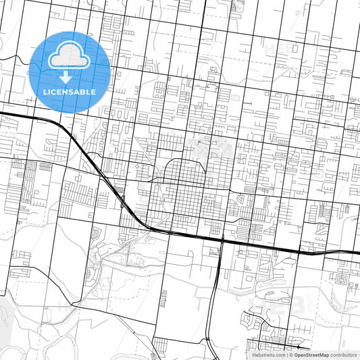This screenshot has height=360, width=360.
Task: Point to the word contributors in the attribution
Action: pyautogui.click(x=343, y=354)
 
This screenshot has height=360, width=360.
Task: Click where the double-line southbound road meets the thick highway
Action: pyautogui.click(x=222, y=240)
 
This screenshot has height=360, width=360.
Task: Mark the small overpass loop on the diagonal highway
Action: pyautogui.click(x=123, y=199)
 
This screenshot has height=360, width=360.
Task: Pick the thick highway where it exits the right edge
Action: pyautogui.click(x=357, y=252)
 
